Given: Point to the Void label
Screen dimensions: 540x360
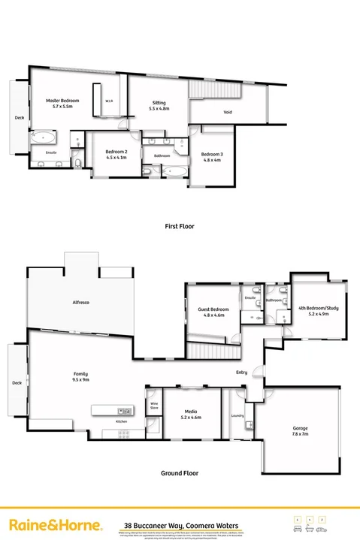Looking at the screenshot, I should [228, 113].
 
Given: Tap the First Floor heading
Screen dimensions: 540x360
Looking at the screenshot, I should [180, 225].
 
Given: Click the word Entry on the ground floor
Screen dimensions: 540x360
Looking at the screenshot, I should [241, 372].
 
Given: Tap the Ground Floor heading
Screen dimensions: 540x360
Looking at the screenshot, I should [180, 474].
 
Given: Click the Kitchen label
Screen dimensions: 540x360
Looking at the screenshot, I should [121, 421].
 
